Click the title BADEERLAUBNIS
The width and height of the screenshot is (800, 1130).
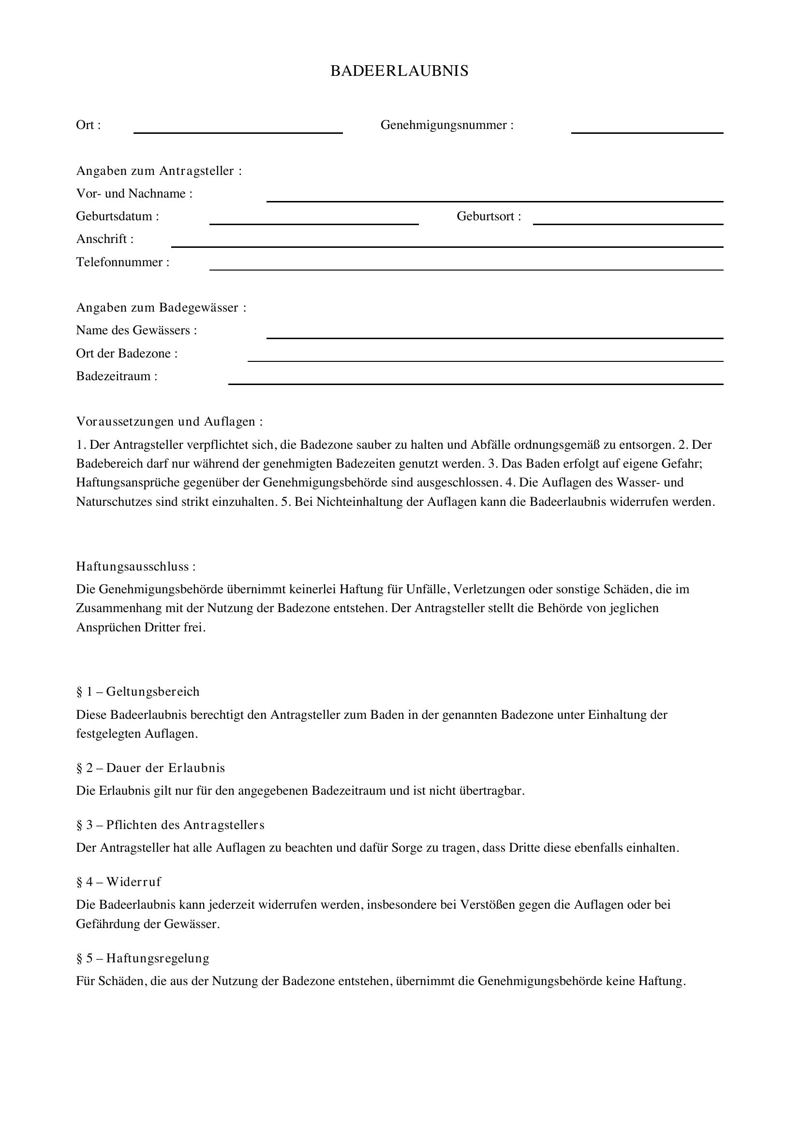tap(399, 72)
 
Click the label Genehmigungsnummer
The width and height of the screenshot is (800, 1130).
tap(447, 125)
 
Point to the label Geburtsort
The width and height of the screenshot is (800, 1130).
tap(488, 216)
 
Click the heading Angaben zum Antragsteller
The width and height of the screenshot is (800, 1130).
tap(159, 171)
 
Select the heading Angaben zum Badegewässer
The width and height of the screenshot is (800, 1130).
tap(161, 308)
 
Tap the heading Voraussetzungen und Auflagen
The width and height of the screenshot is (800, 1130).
tap(169, 421)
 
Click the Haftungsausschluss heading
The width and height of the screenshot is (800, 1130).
tap(135, 567)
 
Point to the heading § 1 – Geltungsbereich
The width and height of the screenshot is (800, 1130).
tap(138, 691)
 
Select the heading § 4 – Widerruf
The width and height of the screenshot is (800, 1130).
tap(119, 882)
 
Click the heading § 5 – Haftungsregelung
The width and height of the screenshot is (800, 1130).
tap(143, 958)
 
